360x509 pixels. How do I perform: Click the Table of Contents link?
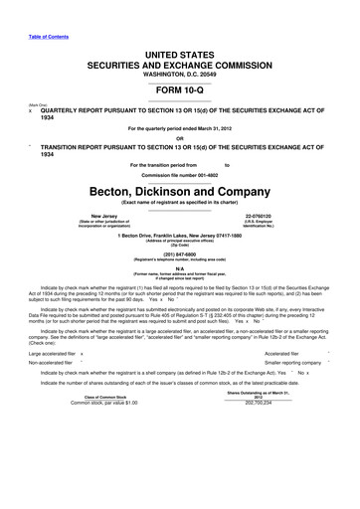click(x=38, y=11)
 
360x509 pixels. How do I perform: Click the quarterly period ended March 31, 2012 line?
click(x=180, y=128)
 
